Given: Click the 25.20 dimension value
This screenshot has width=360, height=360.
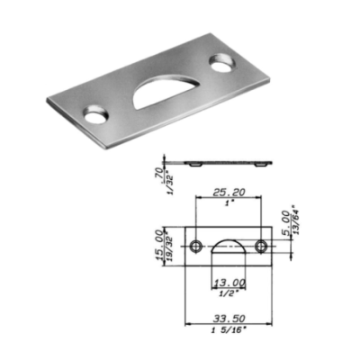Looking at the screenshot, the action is pos(229,192).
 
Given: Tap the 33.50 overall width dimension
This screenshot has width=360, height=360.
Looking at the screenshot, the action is pos(229,318).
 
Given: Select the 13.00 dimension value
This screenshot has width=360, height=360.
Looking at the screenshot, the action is pos(229,283).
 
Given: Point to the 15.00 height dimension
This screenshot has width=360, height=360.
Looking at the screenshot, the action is pos(160,247).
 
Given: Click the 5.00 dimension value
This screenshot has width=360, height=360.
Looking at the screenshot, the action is pos(286,222).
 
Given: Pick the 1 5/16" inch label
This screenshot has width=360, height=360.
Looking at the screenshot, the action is pos(229,330).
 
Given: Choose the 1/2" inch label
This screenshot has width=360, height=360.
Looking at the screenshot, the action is pos(229,293).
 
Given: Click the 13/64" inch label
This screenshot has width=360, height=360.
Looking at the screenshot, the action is pos(295,220).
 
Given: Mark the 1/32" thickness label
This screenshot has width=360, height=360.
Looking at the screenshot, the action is pos(171,183).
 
